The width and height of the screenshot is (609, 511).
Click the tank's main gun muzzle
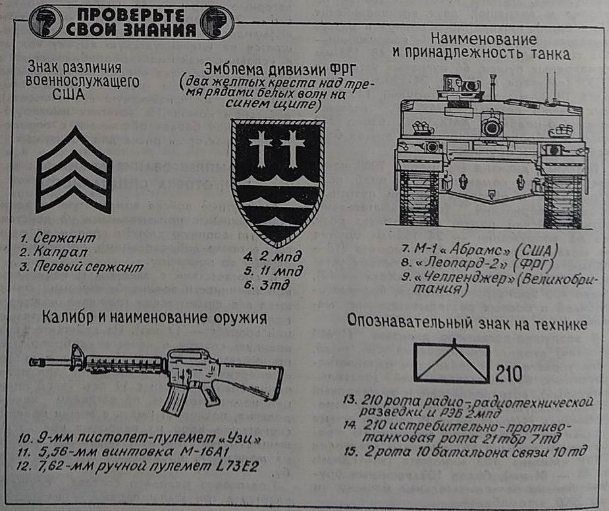pos(490,125)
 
